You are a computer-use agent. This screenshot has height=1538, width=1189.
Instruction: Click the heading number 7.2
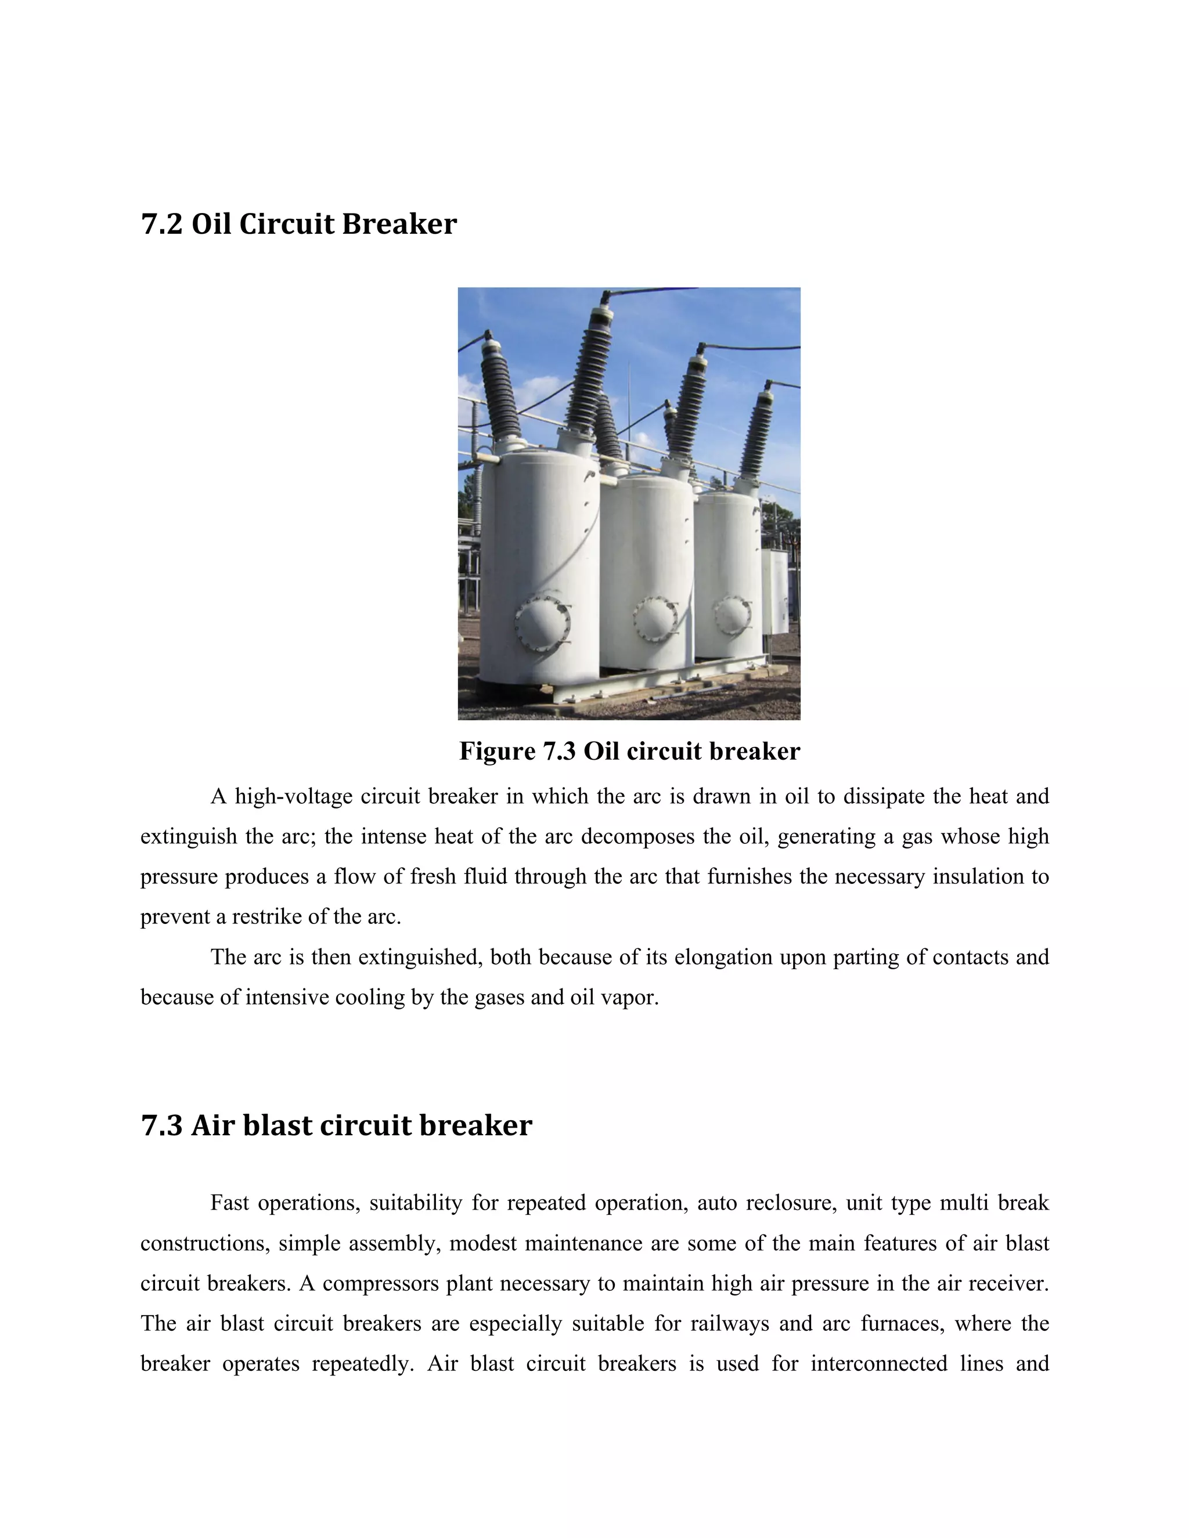(x=162, y=225)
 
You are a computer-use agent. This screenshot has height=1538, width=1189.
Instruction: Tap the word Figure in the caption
(x=498, y=752)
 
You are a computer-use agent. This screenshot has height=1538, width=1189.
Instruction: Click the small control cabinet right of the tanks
(x=776, y=591)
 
